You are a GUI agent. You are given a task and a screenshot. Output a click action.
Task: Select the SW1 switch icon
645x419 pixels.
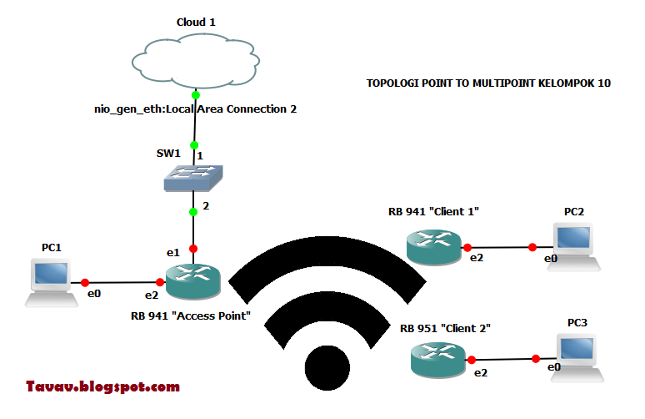click(193, 177)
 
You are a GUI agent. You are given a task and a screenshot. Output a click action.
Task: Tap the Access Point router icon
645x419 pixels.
click(193, 281)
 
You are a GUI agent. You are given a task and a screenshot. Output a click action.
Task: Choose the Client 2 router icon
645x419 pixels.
click(438, 358)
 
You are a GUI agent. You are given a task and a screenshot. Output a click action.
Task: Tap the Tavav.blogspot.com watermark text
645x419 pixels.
click(102, 386)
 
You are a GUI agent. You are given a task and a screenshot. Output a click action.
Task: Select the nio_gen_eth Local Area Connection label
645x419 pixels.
click(195, 109)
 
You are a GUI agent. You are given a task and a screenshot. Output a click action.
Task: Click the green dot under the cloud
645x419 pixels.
click(195, 94)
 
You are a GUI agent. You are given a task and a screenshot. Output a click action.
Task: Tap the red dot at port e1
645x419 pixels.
click(193, 249)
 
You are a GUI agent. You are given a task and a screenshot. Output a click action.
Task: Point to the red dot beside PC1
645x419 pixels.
click(85, 282)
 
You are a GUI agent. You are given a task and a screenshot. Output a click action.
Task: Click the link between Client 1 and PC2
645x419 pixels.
click(500, 247)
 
